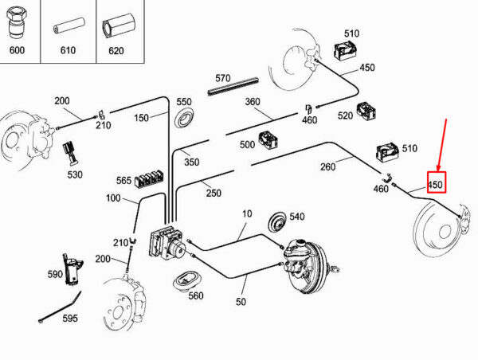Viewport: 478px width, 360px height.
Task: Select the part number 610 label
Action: (x=67, y=49)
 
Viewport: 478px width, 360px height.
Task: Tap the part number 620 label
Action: (x=116, y=49)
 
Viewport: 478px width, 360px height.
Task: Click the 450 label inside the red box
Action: (x=435, y=185)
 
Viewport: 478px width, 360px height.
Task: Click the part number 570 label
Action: (x=222, y=78)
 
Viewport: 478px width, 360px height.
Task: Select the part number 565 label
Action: (x=123, y=181)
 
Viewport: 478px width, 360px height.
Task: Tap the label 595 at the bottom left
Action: (x=70, y=318)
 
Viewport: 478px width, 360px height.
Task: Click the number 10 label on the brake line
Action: (x=246, y=213)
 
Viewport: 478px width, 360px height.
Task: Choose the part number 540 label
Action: (x=296, y=216)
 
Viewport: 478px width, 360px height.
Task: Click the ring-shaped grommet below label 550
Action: (x=184, y=119)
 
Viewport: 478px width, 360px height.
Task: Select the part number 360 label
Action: (x=253, y=102)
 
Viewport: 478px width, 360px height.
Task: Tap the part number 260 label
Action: (x=327, y=167)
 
